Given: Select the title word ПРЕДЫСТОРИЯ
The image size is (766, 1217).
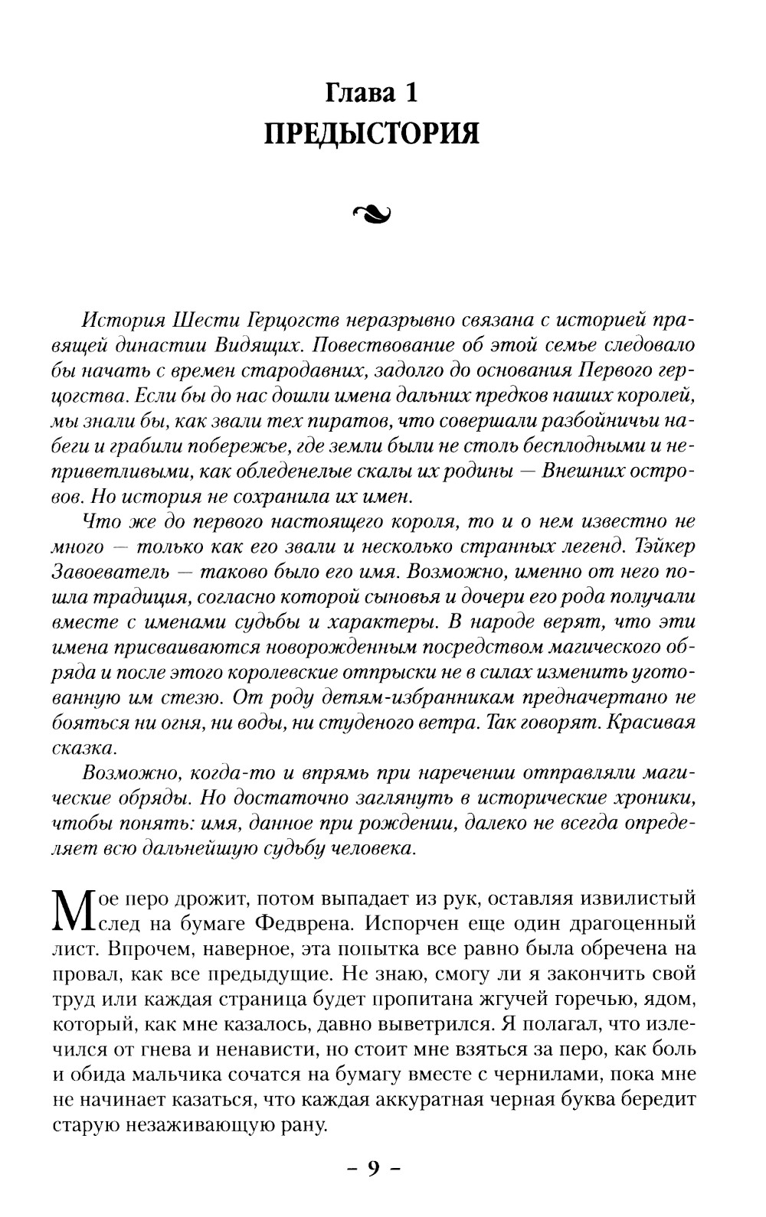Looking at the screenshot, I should pos(372,134).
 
